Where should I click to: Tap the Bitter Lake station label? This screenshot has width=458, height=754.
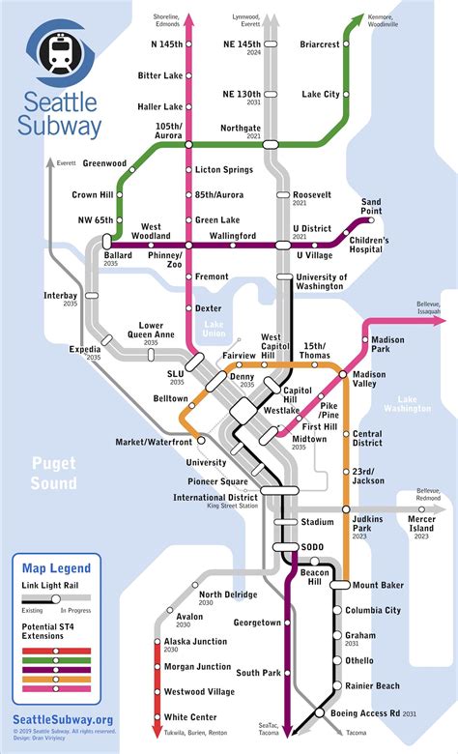160,75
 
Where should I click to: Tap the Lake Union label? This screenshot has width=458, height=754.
214,331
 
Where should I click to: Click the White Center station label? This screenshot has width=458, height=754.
188,717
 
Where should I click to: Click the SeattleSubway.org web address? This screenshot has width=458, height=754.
63,718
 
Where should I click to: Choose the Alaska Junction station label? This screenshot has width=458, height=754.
195,641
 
